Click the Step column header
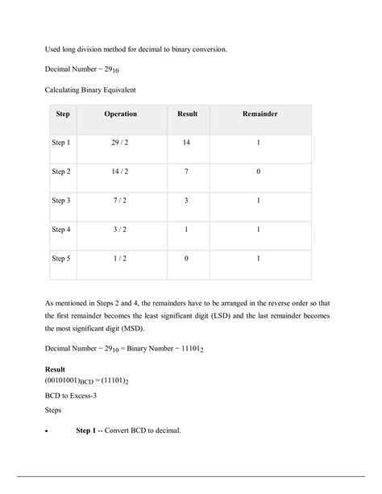point(62,114)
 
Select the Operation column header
point(120,114)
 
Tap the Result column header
point(187,114)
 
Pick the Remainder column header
point(260,114)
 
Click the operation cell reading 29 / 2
point(120,143)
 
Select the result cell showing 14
point(187,143)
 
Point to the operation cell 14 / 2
point(120,172)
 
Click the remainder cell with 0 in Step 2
point(259,172)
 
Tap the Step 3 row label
point(61,201)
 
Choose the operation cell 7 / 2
point(120,201)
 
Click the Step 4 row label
point(61,230)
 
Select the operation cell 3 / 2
point(120,230)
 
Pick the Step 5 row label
point(61,259)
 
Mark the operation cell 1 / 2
point(120,259)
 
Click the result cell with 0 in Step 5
point(187,259)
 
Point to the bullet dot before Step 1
point(47,430)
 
